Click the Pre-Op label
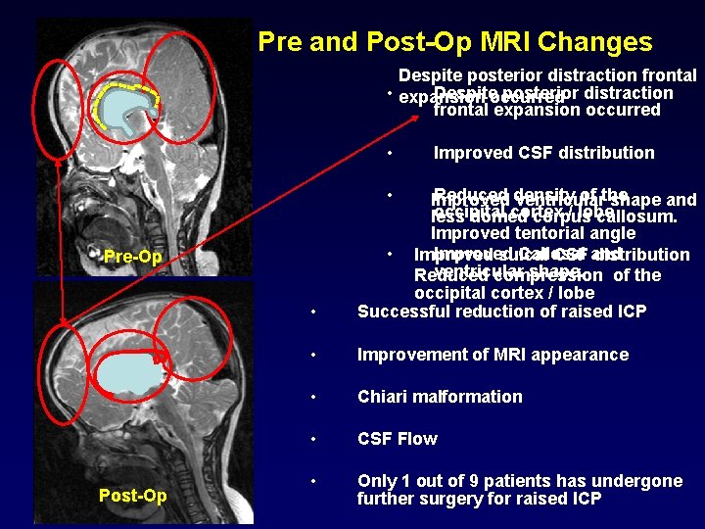132,257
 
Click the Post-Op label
133,496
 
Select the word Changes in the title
596,42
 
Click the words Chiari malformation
440,397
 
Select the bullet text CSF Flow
397,439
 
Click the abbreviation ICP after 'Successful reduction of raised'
629,312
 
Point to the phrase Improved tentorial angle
533,233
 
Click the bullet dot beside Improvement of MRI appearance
310,356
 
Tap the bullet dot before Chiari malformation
310,398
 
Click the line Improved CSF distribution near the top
543,153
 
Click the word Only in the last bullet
377,481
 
